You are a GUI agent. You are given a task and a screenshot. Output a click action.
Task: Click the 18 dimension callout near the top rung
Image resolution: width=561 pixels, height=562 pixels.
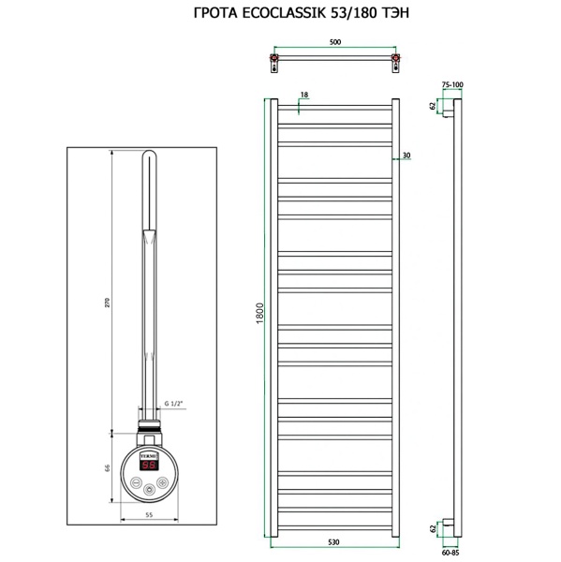[303, 95]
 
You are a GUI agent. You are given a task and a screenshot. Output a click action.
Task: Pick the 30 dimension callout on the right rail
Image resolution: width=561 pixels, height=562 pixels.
[406, 155]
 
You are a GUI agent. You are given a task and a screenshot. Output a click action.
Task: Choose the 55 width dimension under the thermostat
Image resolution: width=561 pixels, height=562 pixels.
[149, 514]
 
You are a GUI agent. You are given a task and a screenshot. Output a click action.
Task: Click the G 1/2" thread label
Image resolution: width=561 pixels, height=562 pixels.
[173, 404]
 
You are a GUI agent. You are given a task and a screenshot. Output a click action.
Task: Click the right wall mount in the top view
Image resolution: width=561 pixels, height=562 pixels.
[397, 66]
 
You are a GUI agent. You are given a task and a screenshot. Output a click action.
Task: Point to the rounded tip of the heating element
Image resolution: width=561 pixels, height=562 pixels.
[149, 161]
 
